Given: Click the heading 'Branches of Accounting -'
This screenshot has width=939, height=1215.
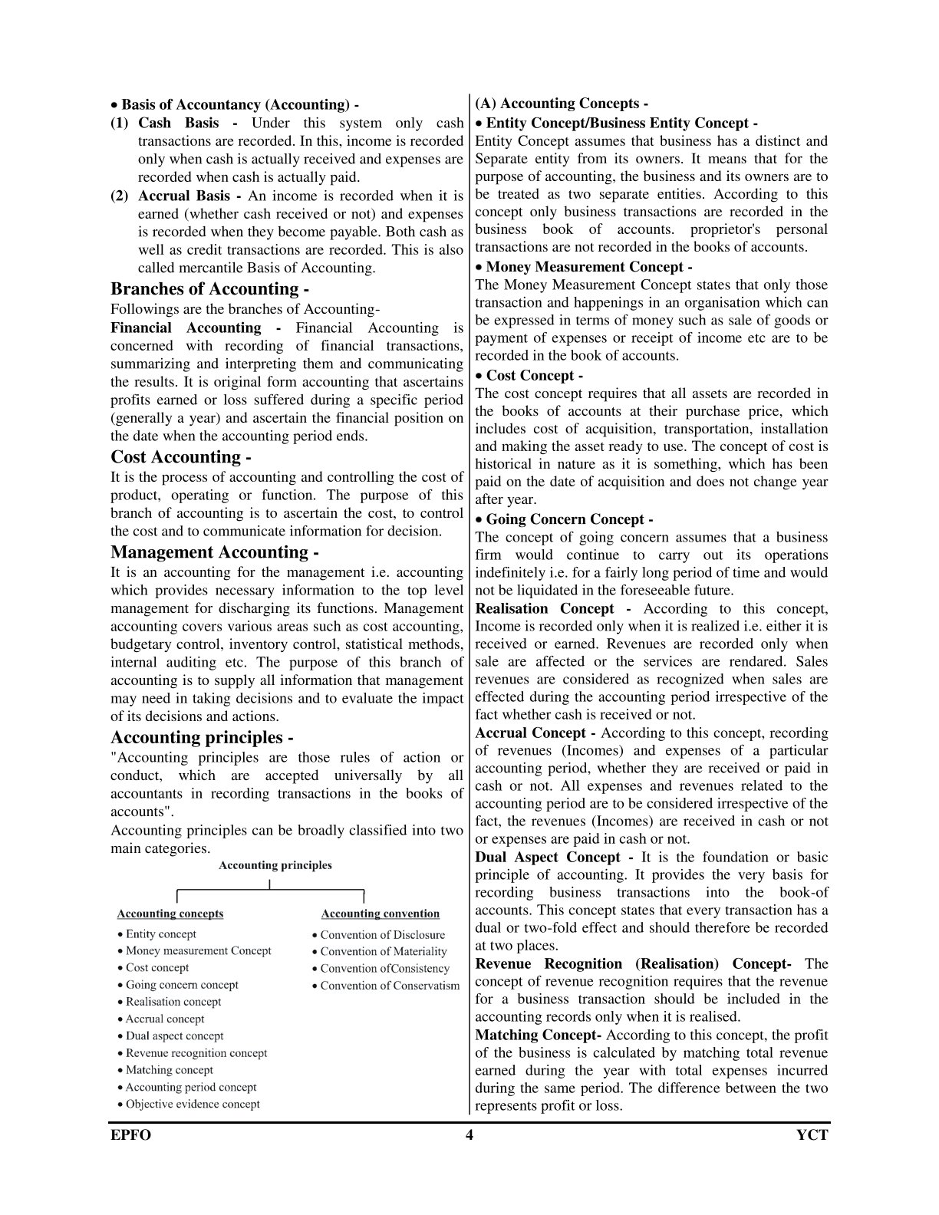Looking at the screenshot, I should tap(209, 289).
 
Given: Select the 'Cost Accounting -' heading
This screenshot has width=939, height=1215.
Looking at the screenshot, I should tap(181, 457).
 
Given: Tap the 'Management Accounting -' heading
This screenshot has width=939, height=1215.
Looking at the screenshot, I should tap(214, 552).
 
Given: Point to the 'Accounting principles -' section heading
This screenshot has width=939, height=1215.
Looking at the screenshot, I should tap(202, 737).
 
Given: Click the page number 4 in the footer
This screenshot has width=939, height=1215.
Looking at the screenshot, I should tap(469, 1135).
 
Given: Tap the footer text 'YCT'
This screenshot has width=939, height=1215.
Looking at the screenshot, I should tap(812, 1135).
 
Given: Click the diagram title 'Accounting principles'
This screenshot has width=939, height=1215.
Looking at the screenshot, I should tap(275, 865).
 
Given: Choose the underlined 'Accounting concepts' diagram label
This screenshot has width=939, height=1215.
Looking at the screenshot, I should tap(170, 914).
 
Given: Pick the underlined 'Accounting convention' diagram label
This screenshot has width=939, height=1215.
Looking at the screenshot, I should tap(381, 914).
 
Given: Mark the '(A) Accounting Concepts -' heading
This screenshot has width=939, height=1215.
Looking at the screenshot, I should tap(562, 104).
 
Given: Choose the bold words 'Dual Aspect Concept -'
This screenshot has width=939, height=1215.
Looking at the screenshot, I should tap(554, 858).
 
